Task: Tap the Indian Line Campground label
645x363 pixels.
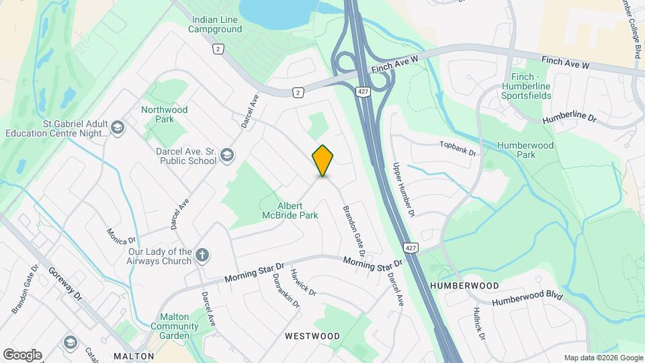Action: pos(215,25)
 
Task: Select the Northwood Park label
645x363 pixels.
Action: pos(164,114)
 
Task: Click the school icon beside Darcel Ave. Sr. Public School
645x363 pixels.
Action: pos(227,156)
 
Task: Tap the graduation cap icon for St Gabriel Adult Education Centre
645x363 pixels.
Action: pos(118,128)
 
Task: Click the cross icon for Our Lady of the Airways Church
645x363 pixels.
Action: pos(202,255)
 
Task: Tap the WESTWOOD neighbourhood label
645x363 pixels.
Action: pos(312,335)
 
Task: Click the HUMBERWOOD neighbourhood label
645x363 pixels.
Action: pos(465,286)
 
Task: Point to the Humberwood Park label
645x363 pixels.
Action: pos(525,151)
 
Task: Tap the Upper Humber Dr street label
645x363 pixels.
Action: pos(405,190)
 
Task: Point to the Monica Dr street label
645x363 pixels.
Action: pos(122,236)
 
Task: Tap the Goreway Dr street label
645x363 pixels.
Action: pos(64,283)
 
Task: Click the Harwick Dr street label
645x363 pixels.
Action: pos(303,282)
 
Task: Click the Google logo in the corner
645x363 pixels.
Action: pos(22,355)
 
